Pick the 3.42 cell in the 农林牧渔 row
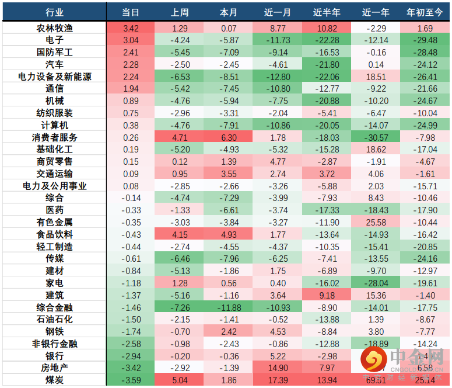pyautogui.click(x=131, y=27)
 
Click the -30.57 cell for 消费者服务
pyautogui.click(x=376, y=137)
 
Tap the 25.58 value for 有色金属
pyautogui.click(x=376, y=222)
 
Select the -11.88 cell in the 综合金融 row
pyautogui.click(x=229, y=307)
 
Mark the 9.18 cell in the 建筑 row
pyautogui.click(x=327, y=295)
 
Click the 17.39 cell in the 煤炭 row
pyautogui.click(x=278, y=380)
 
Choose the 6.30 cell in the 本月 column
pyautogui.click(x=229, y=137)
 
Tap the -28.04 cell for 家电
pyautogui.click(x=376, y=283)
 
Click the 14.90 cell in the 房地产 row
pyautogui.click(x=278, y=368)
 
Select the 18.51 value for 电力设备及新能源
pyautogui.click(x=376, y=77)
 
